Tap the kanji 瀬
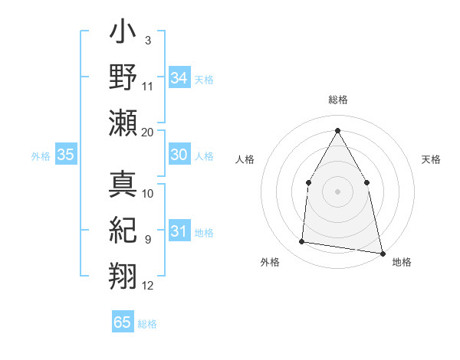[123, 123]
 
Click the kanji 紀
[123, 230]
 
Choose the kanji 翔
[123, 274]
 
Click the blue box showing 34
[179, 78]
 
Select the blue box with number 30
[179, 155]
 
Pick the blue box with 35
[66, 155]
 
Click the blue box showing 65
[123, 322]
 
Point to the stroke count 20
[148, 132]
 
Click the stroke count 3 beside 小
[148, 39]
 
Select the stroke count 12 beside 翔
[148, 286]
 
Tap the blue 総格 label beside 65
[147, 324]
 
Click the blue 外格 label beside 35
[41, 156]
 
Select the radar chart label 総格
[338, 100]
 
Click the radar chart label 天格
[432, 159]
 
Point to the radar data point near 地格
[382, 253]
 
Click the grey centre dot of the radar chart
[337, 191]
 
